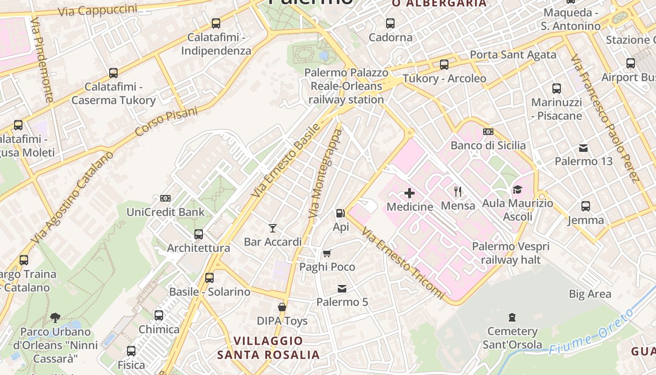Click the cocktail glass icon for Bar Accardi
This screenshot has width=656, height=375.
273,228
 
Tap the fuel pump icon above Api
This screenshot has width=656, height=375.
340,213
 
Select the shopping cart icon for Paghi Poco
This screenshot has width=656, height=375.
327,253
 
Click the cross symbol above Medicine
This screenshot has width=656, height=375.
410,193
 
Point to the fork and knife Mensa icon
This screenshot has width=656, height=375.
458,191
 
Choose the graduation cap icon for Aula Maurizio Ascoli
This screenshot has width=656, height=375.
517,189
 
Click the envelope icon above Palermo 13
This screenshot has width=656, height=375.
583,148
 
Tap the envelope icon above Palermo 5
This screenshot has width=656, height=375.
342,288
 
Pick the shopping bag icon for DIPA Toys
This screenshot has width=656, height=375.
282,307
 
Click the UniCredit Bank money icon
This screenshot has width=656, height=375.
165,198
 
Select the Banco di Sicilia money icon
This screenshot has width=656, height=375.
488,132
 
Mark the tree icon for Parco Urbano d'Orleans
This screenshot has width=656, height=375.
55,318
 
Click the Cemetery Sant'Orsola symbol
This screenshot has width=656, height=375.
512,317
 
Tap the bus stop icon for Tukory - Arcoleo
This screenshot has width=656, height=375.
444,65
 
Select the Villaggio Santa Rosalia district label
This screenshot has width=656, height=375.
268,347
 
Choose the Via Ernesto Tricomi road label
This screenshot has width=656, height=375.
403,263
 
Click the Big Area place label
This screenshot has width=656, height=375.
590,294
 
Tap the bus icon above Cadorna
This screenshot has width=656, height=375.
390,23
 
